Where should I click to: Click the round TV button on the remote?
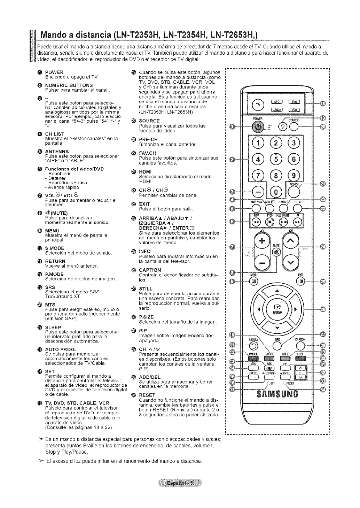pyautogui.click(x=258, y=105)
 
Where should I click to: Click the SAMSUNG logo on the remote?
pyautogui.click(x=278, y=395)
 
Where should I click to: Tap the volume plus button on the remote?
pyautogui.click(x=260, y=241)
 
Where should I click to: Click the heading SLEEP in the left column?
pyautogui.click(x=53, y=327)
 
